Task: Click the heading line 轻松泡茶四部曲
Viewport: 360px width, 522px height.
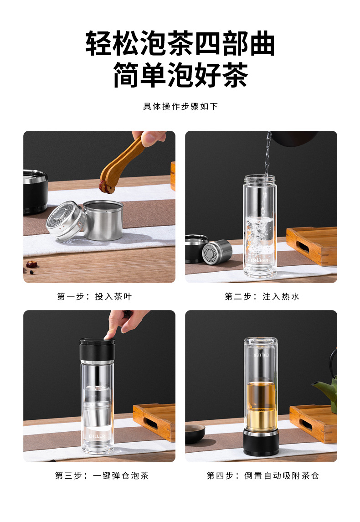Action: coord(180,43)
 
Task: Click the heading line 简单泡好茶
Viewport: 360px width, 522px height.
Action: coord(180,75)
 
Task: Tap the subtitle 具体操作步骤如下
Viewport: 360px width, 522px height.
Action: coord(180,107)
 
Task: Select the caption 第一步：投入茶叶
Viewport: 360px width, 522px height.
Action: coord(94,296)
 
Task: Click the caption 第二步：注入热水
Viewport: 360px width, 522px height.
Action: coord(262,296)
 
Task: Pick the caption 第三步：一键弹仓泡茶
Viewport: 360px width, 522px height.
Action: coord(102,475)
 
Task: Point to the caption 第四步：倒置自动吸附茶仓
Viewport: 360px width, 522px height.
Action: coord(263,475)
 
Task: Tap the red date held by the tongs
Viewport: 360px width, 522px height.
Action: coord(107,187)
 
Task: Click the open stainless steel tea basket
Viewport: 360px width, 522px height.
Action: coord(103,220)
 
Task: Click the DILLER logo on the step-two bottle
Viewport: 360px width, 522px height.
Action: coord(260,260)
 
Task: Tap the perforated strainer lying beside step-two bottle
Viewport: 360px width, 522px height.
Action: coord(217,252)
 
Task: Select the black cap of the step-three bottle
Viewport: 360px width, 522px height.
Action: coord(97,350)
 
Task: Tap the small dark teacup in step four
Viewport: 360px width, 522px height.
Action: coord(195,433)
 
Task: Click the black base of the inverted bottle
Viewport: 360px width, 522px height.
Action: coord(261,442)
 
